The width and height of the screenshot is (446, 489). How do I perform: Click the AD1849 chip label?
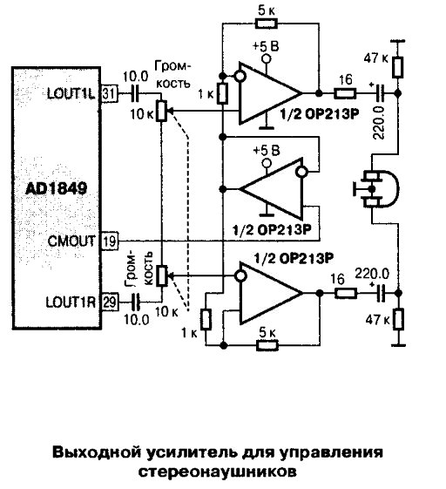(x=56, y=188)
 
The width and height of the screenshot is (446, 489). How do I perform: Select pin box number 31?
(x=109, y=93)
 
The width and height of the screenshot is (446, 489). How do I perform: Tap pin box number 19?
(x=110, y=241)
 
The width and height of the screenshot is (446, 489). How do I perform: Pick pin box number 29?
(x=110, y=302)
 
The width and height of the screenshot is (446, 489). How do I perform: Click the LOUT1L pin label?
(x=71, y=93)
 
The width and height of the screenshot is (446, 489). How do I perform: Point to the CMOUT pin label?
(x=71, y=241)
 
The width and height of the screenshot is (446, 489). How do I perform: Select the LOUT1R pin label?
(x=71, y=302)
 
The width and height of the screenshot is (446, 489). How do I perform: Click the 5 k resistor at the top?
(x=266, y=24)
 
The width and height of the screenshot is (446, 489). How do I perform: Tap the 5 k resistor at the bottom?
(x=267, y=345)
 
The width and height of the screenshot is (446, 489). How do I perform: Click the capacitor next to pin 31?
(x=135, y=93)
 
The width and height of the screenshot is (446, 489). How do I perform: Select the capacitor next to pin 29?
(x=136, y=302)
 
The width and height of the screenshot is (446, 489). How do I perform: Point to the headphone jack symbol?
(x=375, y=188)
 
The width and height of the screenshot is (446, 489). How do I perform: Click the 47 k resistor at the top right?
(x=397, y=67)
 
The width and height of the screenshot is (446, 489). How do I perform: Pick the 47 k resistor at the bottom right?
(x=398, y=319)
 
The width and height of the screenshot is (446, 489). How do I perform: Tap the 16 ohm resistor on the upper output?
(x=345, y=93)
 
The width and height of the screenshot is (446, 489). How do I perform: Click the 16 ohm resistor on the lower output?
(x=346, y=293)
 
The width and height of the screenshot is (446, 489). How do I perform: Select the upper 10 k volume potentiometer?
(x=161, y=111)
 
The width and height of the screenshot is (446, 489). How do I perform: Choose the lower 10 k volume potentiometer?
(x=162, y=275)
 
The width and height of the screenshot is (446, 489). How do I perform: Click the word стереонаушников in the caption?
(x=217, y=472)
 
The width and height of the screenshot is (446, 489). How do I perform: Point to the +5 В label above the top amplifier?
(x=266, y=47)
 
